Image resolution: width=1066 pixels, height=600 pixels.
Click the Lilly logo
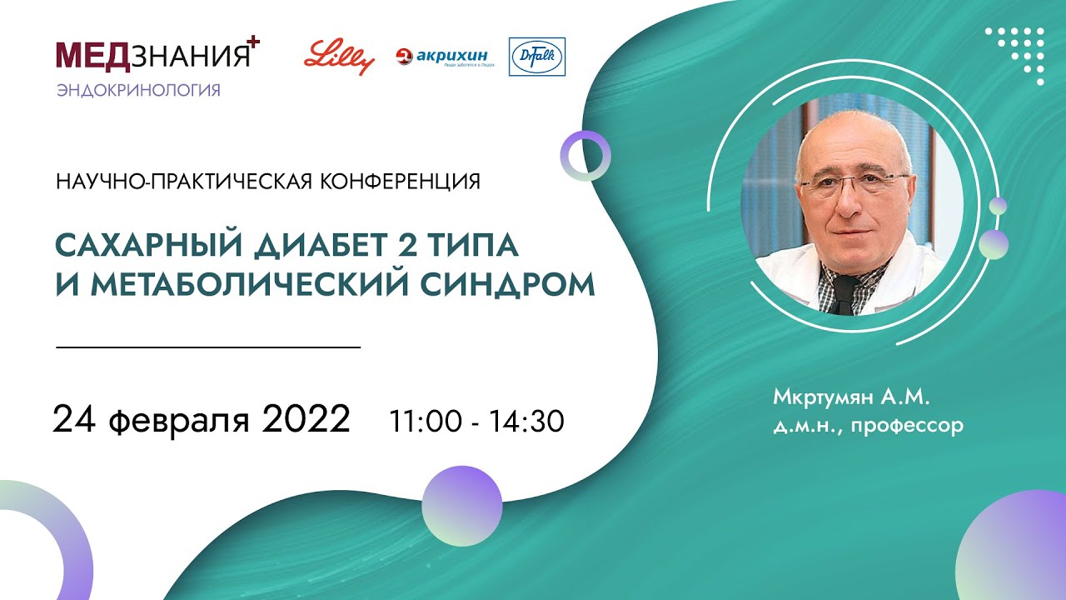tap(339, 57)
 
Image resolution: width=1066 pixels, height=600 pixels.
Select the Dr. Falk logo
tap(536, 57)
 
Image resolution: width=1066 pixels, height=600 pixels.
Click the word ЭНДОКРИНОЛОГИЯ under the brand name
tap(139, 90)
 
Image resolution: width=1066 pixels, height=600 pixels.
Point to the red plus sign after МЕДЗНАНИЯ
tap(254, 42)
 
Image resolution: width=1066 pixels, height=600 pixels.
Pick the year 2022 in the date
tap(306, 419)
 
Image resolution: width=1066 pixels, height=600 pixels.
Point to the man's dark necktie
tap(844, 295)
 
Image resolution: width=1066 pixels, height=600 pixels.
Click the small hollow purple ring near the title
tap(585, 156)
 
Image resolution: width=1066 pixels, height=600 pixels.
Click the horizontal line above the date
tap(208, 346)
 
